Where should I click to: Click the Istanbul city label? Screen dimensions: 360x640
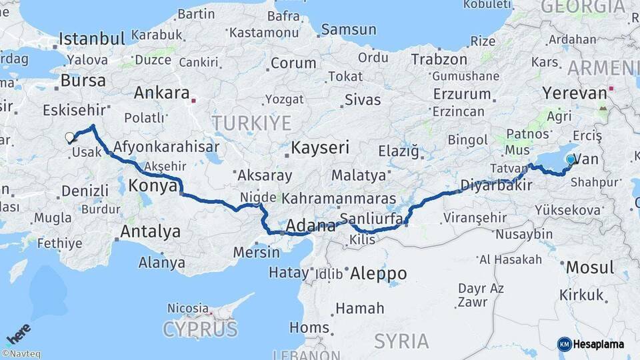[93, 38]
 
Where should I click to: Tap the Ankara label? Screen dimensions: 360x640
[161, 93]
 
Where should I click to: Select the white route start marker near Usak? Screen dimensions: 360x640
[69, 138]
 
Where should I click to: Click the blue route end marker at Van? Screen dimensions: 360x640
[570, 159]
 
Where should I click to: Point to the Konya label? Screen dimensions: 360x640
[153, 185]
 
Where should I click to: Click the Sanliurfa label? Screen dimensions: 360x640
[371, 219]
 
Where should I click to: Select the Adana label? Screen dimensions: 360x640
[310, 227]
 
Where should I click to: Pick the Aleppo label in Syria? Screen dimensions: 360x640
[378, 273]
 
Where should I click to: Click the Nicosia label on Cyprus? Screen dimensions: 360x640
[187, 309]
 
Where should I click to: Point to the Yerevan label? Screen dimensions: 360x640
[574, 93]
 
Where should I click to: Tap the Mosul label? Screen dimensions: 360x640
[589, 268]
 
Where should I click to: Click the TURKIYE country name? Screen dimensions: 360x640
[251, 123]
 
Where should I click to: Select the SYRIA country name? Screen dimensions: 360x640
[401, 341]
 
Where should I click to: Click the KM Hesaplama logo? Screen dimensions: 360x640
[591, 344]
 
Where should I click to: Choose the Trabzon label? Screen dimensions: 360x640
[439, 59]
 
